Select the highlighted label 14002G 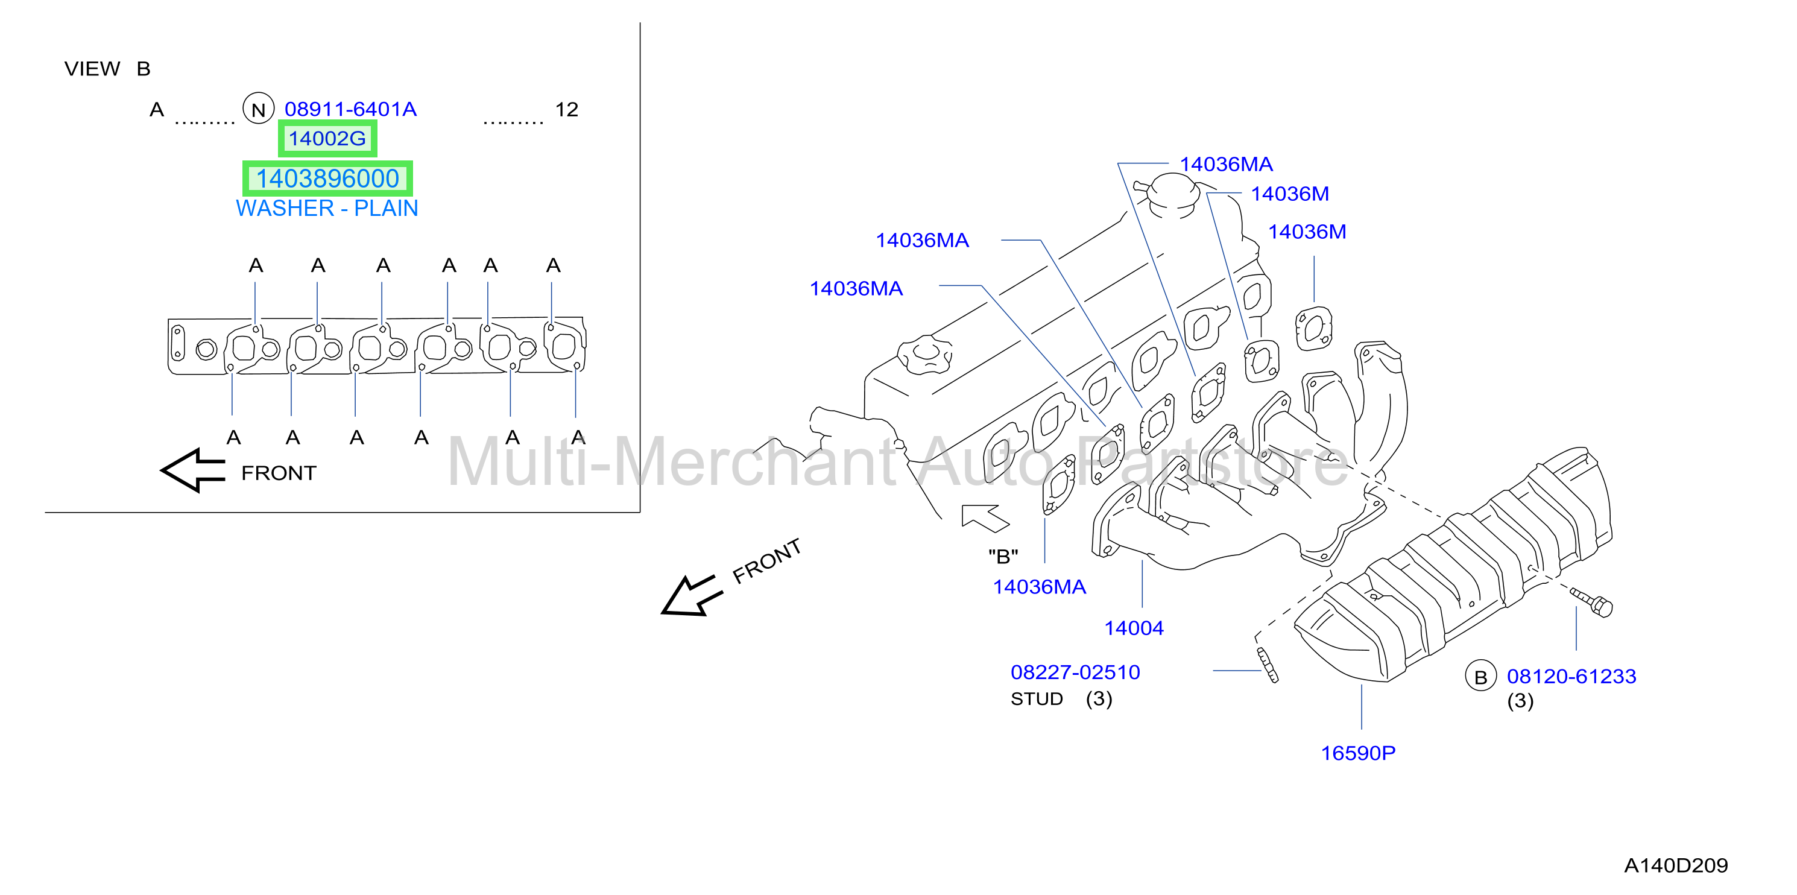[x=327, y=138]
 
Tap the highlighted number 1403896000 [x=327, y=179]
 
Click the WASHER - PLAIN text [x=326, y=208]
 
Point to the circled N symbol [x=258, y=109]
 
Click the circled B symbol [x=1480, y=676]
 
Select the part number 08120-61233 [x=1571, y=676]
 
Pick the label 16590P [x=1357, y=753]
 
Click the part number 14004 [x=1134, y=628]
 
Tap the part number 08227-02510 [x=1075, y=672]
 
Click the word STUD [x=1037, y=699]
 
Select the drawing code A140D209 [x=1676, y=865]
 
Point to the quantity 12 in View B [x=566, y=110]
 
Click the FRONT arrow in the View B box [x=193, y=471]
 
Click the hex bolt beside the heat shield [x=1592, y=602]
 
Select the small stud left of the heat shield [x=1268, y=665]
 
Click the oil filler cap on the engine [x=924, y=355]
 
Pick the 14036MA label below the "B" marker [x=1039, y=587]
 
